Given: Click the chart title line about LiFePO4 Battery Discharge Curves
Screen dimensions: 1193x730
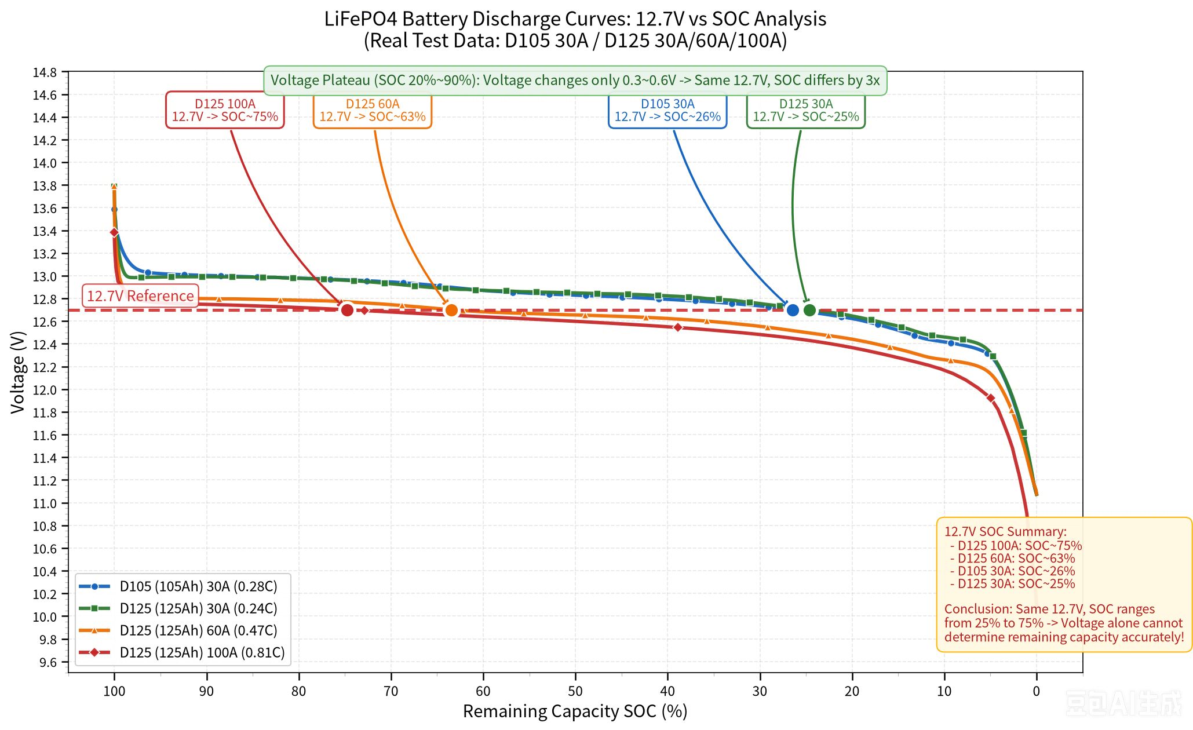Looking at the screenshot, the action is point(575,19).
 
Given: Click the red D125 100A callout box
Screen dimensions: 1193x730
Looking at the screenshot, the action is point(225,110).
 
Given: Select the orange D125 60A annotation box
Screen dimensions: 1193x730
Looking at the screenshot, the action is point(373,110).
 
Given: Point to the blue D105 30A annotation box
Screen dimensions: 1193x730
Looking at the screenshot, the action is point(667,110).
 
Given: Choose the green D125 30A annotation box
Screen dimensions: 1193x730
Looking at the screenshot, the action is point(806,110).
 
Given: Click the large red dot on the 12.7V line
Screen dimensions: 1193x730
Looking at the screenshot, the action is point(347,310).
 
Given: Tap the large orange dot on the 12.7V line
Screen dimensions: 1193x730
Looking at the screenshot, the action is point(451,310).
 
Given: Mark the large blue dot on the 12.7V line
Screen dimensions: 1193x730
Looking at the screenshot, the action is point(793,310).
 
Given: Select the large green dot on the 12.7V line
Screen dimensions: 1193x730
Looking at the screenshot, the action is point(810,310).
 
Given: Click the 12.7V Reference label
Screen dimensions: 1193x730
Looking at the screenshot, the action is point(140,296).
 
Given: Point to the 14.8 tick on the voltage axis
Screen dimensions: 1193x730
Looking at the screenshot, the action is point(45,72).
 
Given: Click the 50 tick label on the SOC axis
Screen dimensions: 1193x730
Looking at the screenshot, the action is point(575,691).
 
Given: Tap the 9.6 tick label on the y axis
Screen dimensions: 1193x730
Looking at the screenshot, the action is point(48,662).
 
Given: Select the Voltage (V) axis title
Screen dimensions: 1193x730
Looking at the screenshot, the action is point(18,372).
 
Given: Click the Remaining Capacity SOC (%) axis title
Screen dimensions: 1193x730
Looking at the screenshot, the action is point(575,711).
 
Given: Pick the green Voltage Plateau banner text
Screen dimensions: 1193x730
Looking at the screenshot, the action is point(575,81).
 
